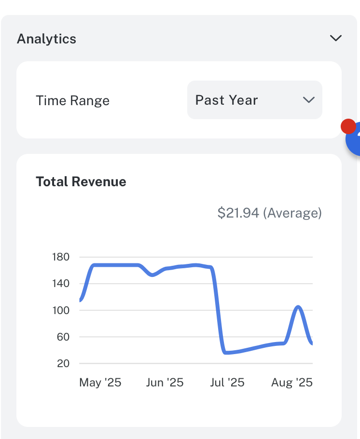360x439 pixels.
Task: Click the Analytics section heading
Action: pos(46,39)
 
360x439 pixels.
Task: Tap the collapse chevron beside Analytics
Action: pos(335,39)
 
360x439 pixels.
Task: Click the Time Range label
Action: pos(72,101)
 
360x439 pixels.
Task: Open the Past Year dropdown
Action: pos(254,100)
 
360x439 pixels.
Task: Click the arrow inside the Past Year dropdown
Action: pos(308,100)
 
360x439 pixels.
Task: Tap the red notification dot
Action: pos(348,126)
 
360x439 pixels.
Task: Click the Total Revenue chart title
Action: pos(81,182)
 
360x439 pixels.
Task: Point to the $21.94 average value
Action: pos(238,213)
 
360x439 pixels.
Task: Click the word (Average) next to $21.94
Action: pos(292,213)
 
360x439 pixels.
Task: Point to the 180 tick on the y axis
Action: pos(61,257)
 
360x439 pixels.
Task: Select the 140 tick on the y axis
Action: pos(61,284)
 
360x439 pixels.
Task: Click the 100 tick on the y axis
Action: pos(61,310)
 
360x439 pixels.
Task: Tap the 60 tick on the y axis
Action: pos(63,337)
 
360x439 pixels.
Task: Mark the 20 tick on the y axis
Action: pos(63,363)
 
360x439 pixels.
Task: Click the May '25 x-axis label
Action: pos(100,383)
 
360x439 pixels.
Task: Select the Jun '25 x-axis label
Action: pos(165,383)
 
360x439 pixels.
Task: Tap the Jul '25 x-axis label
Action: pos(227,383)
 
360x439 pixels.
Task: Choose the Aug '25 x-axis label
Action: pos(291,383)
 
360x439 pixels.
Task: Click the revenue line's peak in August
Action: pos(298,307)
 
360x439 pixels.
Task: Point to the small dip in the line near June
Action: pos(152,275)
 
